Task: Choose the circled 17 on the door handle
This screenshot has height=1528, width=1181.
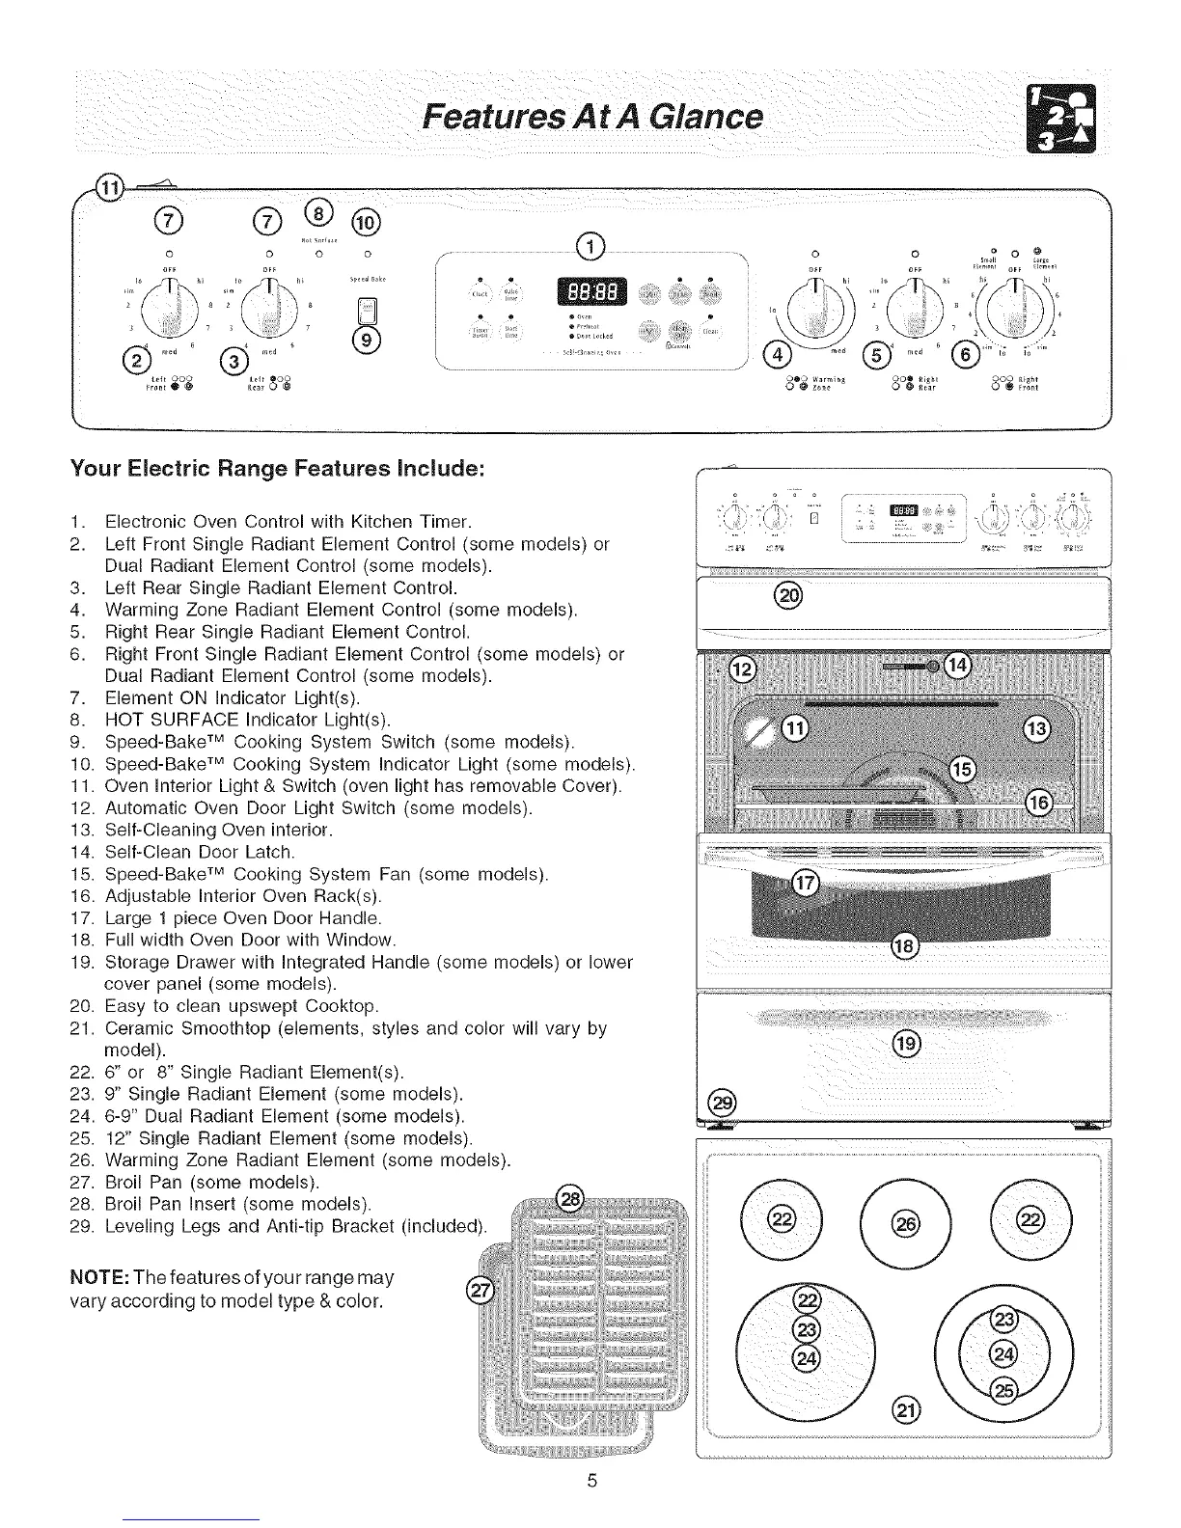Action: pyautogui.click(x=804, y=882)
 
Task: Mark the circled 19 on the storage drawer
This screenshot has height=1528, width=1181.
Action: pyautogui.click(x=906, y=1045)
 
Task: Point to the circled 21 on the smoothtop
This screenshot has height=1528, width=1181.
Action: pyautogui.click(x=908, y=1409)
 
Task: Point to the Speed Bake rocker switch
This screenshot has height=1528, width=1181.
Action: pyautogui.click(x=367, y=311)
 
